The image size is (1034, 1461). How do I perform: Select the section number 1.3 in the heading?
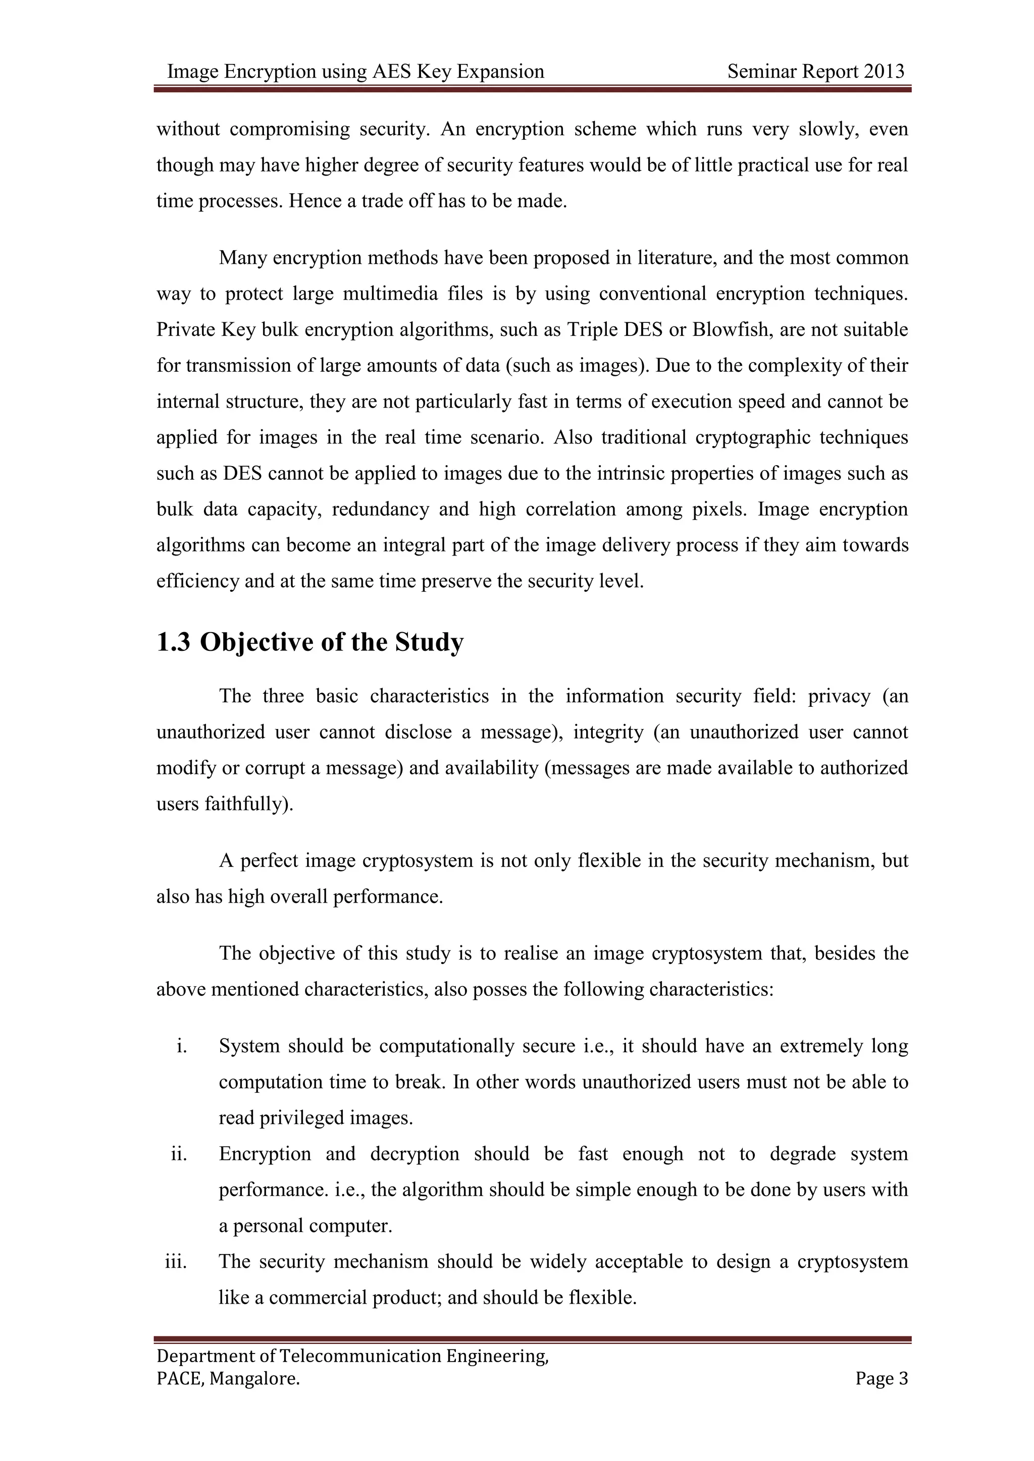(x=173, y=642)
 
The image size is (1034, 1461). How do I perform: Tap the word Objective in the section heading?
(x=256, y=642)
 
